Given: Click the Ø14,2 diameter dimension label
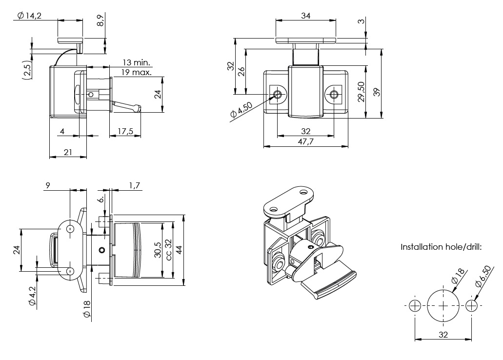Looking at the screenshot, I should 29,16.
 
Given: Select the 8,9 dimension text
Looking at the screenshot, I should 101,20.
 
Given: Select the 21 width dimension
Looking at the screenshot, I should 68,152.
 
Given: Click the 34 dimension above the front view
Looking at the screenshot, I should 306,16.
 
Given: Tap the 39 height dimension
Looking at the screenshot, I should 377,92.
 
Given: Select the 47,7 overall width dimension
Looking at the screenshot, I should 306,141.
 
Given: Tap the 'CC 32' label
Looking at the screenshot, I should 168,249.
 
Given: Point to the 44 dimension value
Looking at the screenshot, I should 179,249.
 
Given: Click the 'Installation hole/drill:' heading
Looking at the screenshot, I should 441,247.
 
